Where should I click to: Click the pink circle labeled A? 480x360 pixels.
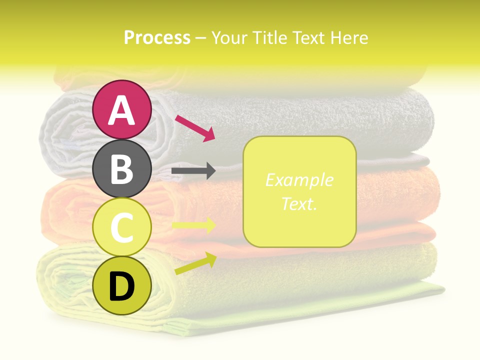coord(121,109)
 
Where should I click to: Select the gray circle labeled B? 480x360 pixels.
coord(121,168)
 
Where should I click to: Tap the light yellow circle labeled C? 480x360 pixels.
coord(121,227)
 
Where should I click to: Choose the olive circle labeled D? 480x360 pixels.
coord(121,286)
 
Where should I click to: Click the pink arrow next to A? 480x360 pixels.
coord(195,127)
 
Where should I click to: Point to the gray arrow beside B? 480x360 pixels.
coord(193,171)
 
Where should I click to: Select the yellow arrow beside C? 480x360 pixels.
coord(193,225)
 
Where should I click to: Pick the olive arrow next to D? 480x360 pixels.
coord(195,263)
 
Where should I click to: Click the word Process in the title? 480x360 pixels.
coord(157,38)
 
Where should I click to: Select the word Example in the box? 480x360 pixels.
coord(299,180)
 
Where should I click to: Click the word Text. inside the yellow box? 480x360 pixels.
coord(299,203)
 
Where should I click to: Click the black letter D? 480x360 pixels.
coord(121,287)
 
